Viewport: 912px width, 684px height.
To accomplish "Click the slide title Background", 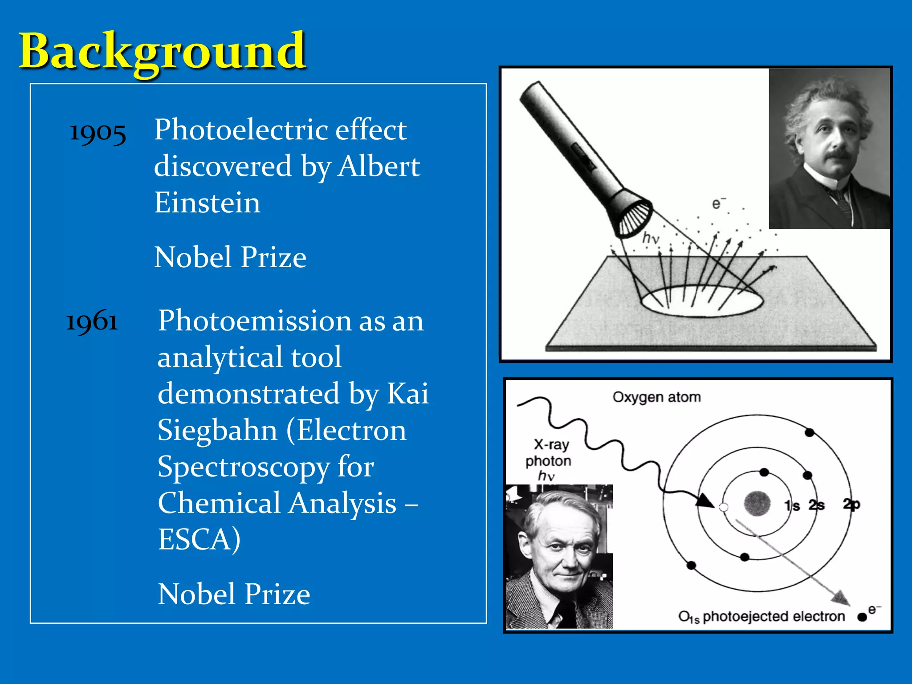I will (x=162, y=51).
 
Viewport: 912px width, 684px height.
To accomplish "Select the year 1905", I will (x=98, y=133).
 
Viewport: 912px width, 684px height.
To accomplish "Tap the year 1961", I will (x=92, y=321).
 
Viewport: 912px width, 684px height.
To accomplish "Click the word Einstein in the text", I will (x=207, y=203).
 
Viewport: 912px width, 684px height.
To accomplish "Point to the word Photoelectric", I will (x=241, y=130).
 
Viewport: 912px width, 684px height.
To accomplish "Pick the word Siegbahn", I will (x=218, y=431).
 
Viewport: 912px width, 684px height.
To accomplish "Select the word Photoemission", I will (x=254, y=321).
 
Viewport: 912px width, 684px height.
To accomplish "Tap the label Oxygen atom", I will (x=656, y=397).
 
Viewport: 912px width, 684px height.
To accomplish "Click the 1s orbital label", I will (x=792, y=505).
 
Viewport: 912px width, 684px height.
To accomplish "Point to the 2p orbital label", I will (x=851, y=504).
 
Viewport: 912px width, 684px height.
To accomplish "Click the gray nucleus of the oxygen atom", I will (x=757, y=503).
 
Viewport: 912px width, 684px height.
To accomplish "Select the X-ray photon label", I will (x=549, y=453).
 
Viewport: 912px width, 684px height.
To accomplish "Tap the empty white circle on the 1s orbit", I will (x=724, y=507).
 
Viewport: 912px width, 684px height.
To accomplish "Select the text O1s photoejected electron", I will (x=761, y=616).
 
